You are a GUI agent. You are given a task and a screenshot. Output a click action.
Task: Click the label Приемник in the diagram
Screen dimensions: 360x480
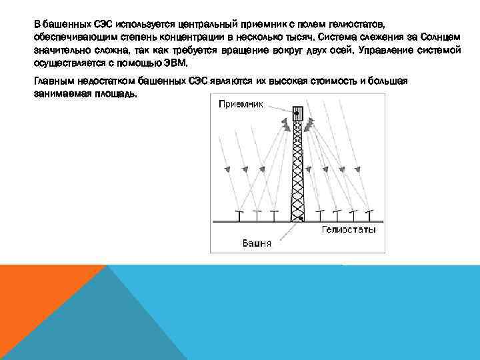241,105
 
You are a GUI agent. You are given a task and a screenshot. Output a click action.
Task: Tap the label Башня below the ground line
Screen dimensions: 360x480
256,243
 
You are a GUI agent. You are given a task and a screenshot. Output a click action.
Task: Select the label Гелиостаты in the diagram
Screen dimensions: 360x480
349,229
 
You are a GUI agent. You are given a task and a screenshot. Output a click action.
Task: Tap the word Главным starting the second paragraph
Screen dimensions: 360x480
53,81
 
